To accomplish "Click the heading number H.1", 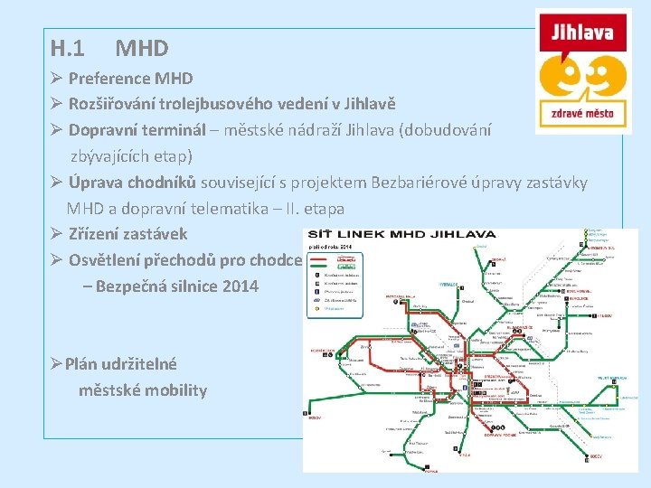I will point(68,48).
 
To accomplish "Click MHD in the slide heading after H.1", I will point(142,48).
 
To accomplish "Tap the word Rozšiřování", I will point(118,104).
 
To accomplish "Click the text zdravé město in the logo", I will point(582,114).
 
